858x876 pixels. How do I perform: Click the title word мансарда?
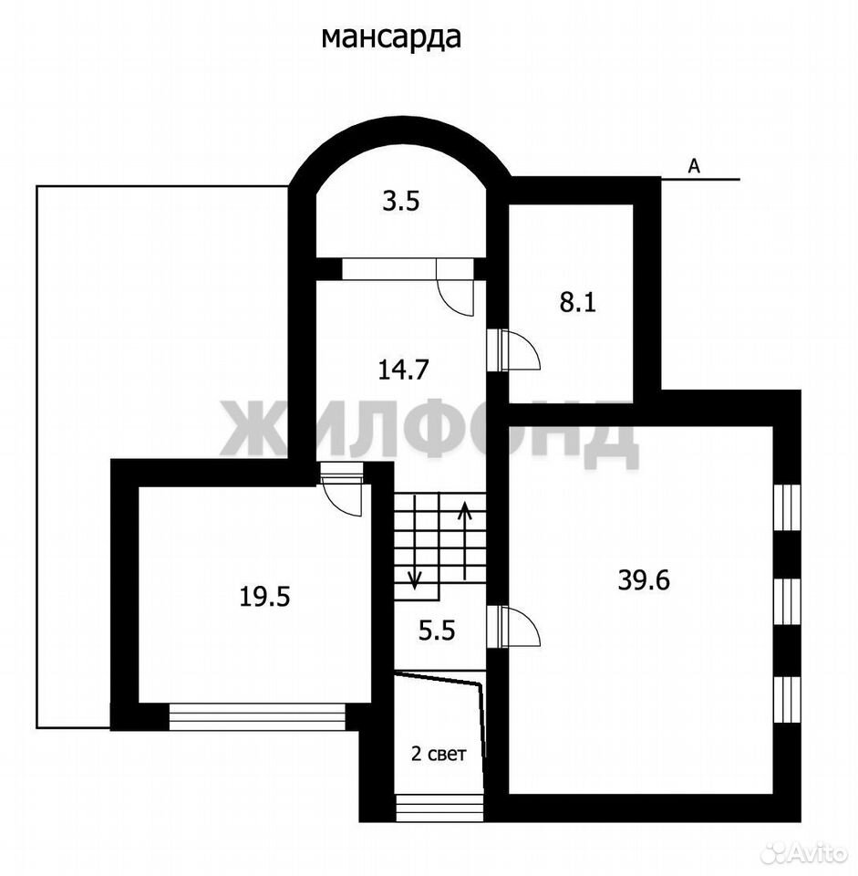click(x=391, y=37)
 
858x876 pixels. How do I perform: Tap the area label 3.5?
click(x=401, y=201)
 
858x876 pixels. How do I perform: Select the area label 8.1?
click(x=578, y=303)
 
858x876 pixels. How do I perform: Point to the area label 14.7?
click(x=403, y=370)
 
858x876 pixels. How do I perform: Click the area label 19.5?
click(x=264, y=597)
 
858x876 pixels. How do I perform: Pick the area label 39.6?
click(x=644, y=580)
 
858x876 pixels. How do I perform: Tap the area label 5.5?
click(x=437, y=631)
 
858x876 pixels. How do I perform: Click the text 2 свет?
click(x=439, y=755)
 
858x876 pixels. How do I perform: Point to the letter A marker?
click(x=693, y=166)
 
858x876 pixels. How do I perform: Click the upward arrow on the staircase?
click(x=464, y=540)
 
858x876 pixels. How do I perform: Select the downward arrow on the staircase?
click(x=414, y=543)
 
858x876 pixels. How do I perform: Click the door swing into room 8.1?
click(x=521, y=349)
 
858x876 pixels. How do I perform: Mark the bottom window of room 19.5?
click(x=257, y=717)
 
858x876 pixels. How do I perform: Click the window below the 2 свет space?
click(x=439, y=808)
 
